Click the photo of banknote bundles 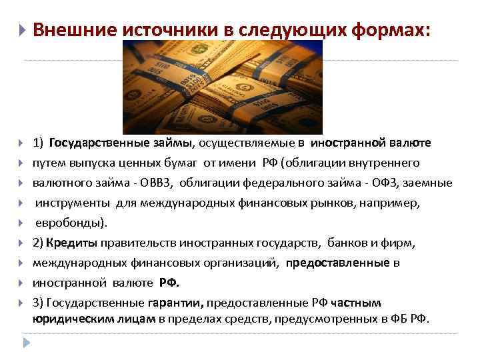[223, 86]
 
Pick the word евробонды [67, 223]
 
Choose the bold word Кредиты [77, 243]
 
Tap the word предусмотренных [332, 319]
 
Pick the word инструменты [73, 203]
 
